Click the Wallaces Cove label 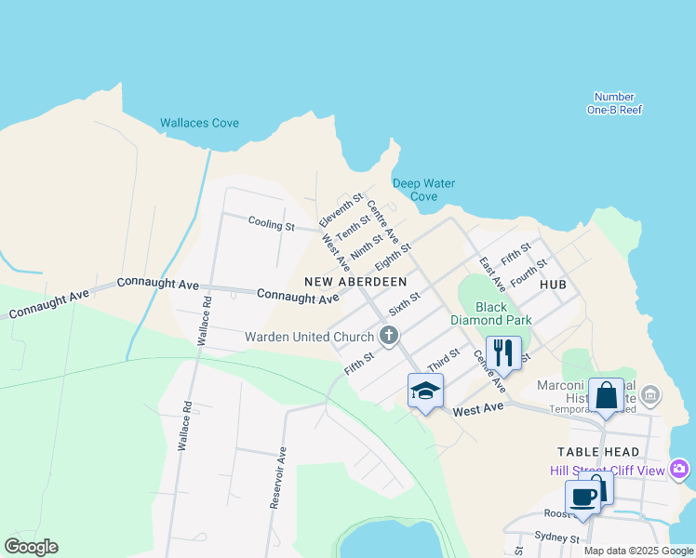(199, 123)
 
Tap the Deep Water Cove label (423, 190)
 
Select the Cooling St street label (271, 224)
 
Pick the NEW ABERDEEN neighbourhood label (355, 281)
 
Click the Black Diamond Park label (503, 313)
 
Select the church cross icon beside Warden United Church (389, 336)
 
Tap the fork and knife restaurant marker (502, 352)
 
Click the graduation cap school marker (425, 390)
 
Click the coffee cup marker (583, 497)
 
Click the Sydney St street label (556, 538)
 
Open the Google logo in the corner (31, 547)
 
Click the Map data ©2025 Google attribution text (637, 551)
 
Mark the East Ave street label (492, 274)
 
